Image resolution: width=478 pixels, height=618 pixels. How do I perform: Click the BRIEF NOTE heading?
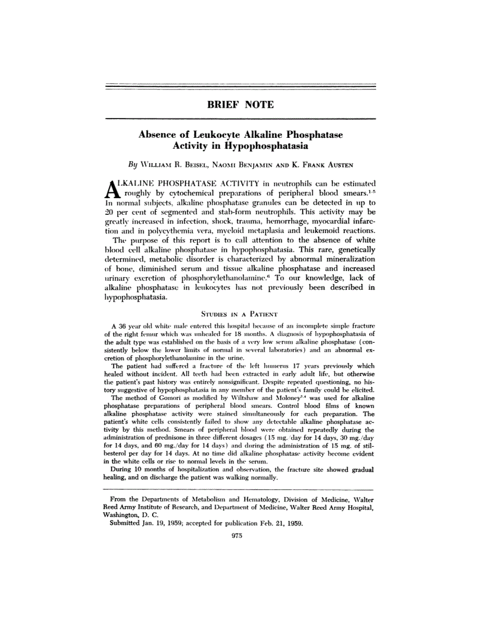(240, 105)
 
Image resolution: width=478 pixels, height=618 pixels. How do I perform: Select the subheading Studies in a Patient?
(240, 314)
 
